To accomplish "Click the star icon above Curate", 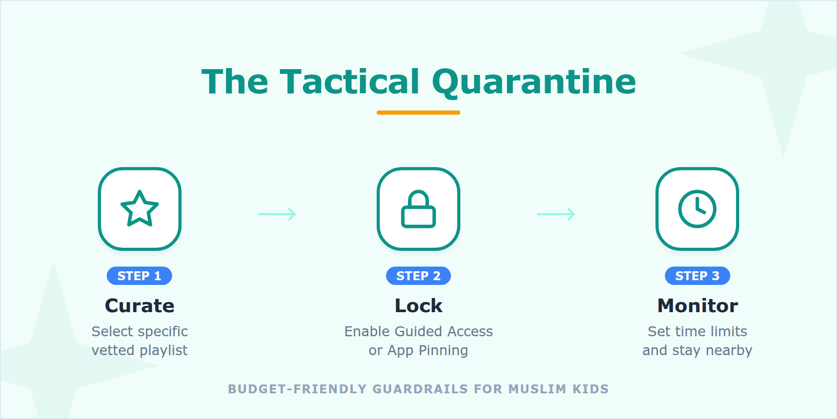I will pyautogui.click(x=140, y=208).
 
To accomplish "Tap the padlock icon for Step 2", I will pyautogui.click(x=418, y=209).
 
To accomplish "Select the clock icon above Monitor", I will pyautogui.click(x=697, y=209).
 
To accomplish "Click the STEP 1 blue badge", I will pyautogui.click(x=139, y=276).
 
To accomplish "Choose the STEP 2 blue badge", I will pyautogui.click(x=418, y=276).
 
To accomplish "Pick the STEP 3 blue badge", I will pyautogui.click(x=697, y=276).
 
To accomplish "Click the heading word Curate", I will pyautogui.click(x=140, y=305).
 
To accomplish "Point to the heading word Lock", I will pyautogui.click(x=418, y=305).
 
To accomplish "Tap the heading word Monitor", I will pyautogui.click(x=697, y=305).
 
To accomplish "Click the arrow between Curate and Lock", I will pyautogui.click(x=277, y=214).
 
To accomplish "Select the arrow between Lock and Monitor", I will pyautogui.click(x=556, y=214).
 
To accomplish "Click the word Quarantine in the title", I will pyautogui.click(x=534, y=82).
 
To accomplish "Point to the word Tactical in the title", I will pyautogui.click(x=349, y=82).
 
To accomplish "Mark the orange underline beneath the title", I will pyautogui.click(x=418, y=113).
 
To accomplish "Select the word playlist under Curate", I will pyautogui.click(x=164, y=350).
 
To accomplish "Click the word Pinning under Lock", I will pyautogui.click(x=443, y=350).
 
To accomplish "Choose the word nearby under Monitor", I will pyautogui.click(x=729, y=350).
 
